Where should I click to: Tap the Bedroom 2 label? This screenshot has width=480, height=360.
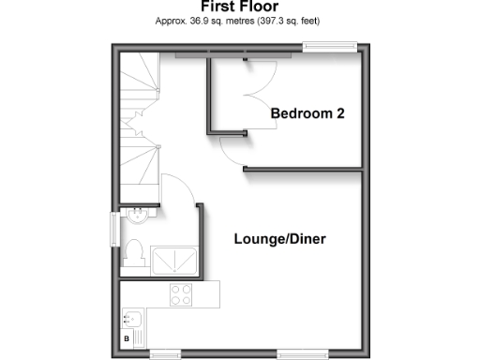[x=307, y=113]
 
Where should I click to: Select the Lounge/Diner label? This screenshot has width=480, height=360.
[x=279, y=238]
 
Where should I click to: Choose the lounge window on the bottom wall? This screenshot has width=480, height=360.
[x=301, y=354]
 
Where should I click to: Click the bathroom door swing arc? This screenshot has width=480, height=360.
[x=178, y=187]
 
